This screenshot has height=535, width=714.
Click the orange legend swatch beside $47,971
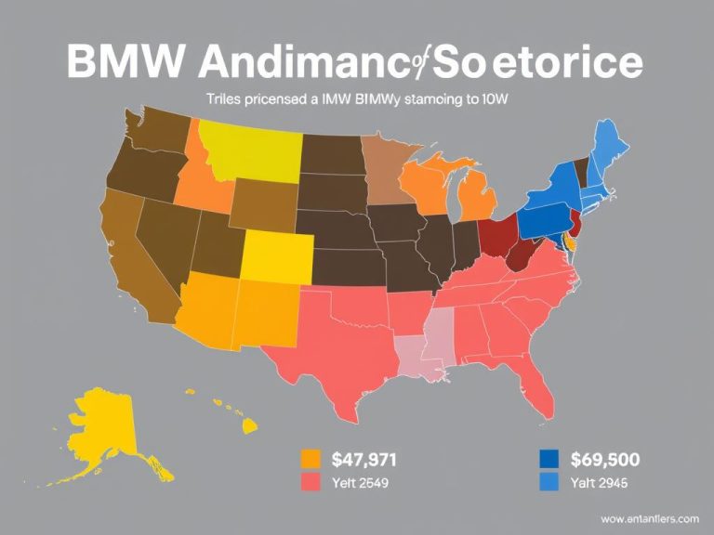[311, 458]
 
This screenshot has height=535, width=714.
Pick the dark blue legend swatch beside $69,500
[549, 458]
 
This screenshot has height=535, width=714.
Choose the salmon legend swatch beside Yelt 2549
[311, 481]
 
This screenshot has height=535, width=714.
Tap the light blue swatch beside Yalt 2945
[549, 481]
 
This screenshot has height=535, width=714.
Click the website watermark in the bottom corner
[650, 517]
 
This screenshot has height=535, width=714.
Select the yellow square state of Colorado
[275, 255]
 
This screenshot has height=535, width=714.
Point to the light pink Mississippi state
[437, 334]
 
